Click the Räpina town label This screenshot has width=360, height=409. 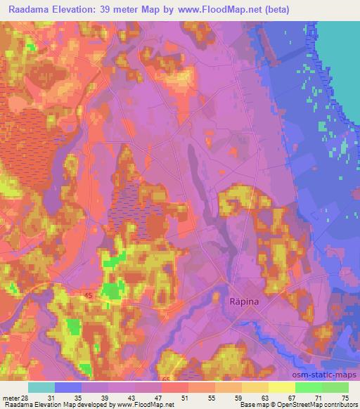245,301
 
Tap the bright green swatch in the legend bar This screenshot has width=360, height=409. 309,387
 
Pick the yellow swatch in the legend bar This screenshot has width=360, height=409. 282,387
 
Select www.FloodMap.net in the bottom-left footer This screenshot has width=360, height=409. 139,405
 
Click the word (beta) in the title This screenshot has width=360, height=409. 272,10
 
